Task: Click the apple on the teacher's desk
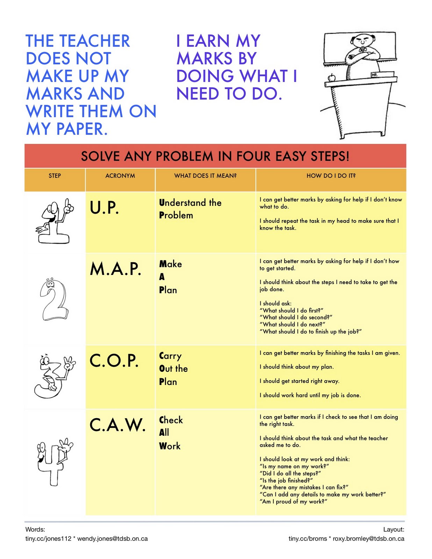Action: (331, 78)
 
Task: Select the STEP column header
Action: (55, 176)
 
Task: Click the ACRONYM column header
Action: (120, 176)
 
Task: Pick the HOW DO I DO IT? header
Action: (331, 176)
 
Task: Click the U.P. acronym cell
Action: (104, 208)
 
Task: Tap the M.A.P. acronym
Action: (115, 269)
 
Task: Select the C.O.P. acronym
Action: (114, 361)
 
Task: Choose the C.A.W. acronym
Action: (117, 425)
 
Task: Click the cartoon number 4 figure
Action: (54, 460)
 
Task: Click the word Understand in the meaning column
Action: (182, 203)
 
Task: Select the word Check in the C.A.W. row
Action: (171, 420)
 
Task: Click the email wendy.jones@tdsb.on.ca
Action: (112, 538)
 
